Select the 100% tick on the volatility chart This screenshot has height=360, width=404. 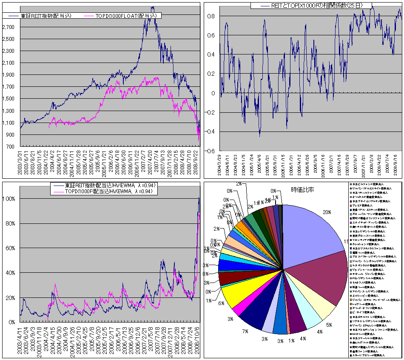click(9, 199)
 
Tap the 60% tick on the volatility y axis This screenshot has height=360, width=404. click(11, 248)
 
